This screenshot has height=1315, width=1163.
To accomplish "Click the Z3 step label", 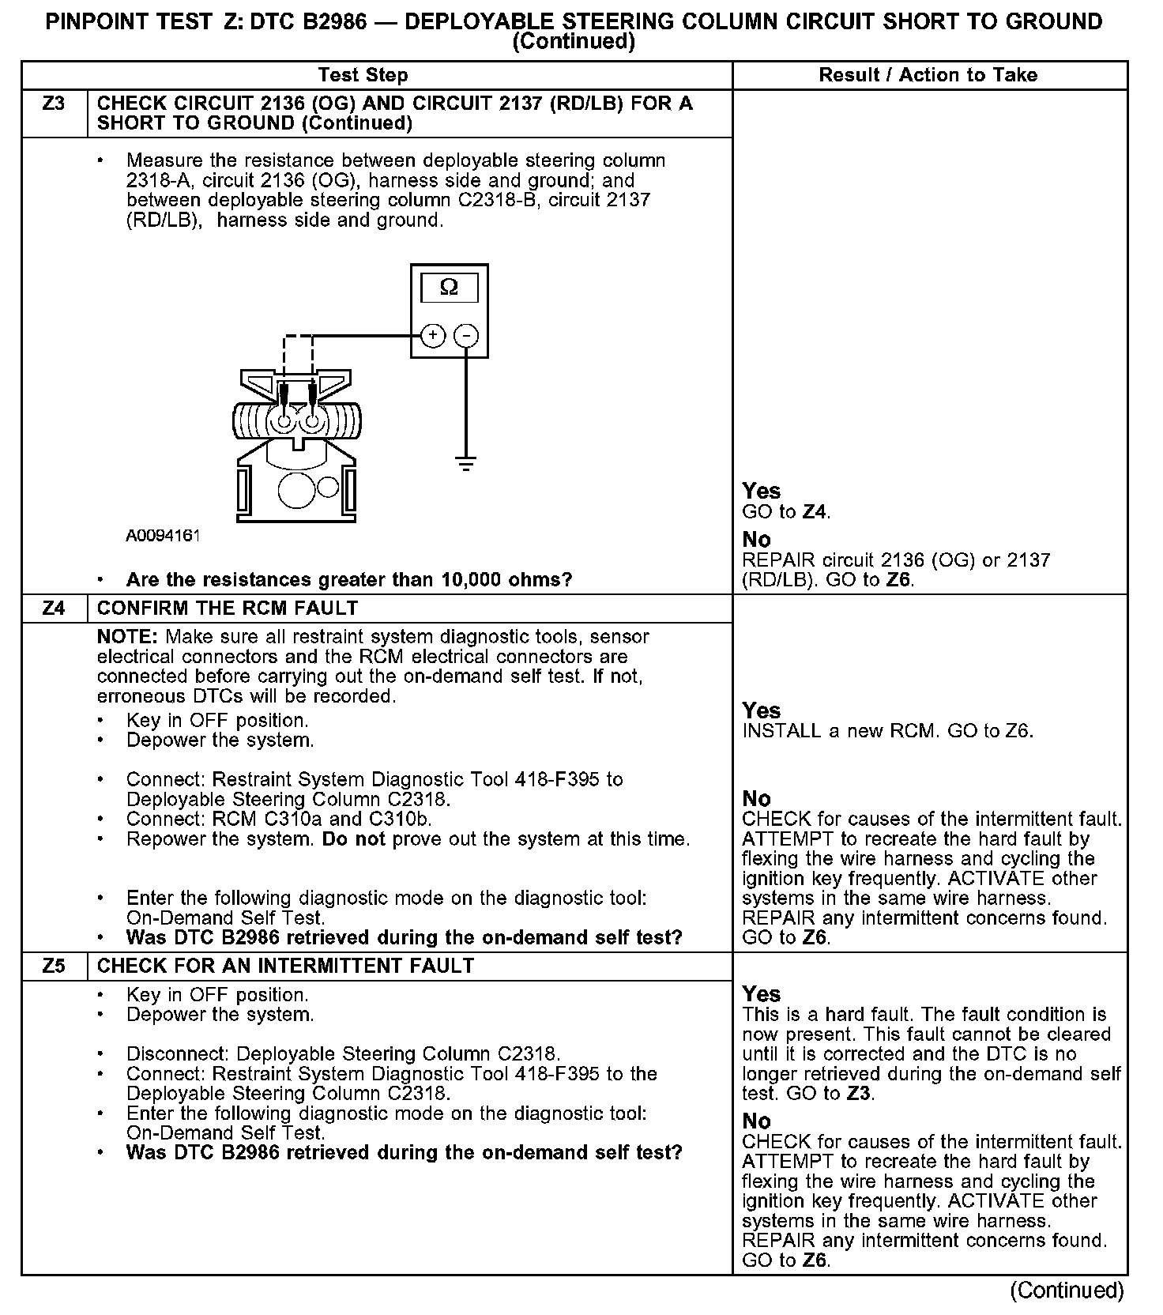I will tap(54, 104).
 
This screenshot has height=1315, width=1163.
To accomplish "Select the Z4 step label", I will tap(54, 608).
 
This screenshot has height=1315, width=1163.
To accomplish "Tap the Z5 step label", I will tap(54, 966).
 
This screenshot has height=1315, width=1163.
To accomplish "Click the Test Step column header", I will tap(363, 75).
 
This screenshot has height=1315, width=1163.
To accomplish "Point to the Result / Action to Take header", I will tap(928, 75).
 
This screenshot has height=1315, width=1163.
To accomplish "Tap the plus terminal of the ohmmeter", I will tap(432, 336).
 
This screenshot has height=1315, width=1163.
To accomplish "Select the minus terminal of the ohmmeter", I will tap(467, 336).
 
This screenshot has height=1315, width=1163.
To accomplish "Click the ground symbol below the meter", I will tap(466, 463).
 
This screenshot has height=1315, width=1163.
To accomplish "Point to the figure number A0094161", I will tap(164, 535).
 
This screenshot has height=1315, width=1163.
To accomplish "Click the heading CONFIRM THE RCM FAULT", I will tap(228, 608).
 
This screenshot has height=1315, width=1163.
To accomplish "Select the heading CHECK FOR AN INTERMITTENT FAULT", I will tap(285, 966).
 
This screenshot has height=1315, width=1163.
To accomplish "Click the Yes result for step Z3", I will tap(761, 491).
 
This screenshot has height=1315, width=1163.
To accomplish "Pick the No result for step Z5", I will tap(756, 1121).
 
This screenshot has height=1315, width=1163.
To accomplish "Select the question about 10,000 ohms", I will tap(349, 579).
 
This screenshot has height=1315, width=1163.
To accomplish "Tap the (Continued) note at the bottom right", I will tap(1067, 1290).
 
